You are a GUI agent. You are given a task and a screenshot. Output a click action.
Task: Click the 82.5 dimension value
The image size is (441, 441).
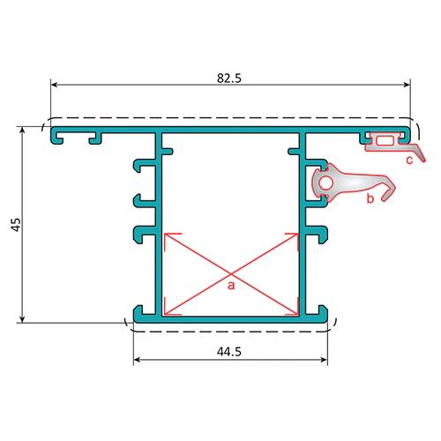(x=229, y=78)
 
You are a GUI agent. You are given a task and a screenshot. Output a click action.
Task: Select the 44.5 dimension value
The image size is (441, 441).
(x=229, y=351)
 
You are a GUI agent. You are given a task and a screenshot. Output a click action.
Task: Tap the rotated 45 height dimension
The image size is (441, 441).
(x=17, y=225)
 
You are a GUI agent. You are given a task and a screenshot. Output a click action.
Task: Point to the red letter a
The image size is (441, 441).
(x=231, y=285)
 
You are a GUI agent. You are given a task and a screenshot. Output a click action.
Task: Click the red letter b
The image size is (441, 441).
(x=370, y=198)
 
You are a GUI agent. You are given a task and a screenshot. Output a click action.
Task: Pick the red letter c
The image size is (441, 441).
(x=409, y=160)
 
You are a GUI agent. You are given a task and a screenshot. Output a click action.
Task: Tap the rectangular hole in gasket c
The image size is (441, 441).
(x=385, y=141)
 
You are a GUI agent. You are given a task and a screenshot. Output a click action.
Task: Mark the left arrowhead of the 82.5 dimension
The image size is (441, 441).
(x=55, y=85)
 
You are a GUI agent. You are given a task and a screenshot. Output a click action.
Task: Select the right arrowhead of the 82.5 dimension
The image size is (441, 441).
(x=407, y=85)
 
